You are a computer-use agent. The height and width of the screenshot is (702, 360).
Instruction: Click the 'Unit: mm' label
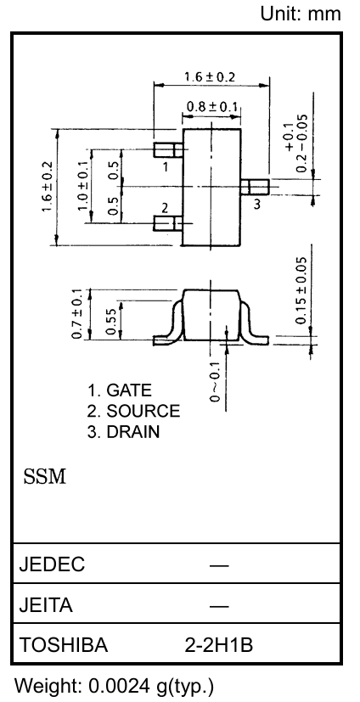[x=301, y=14]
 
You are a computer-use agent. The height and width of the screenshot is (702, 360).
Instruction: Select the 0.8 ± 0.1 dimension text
[x=211, y=107]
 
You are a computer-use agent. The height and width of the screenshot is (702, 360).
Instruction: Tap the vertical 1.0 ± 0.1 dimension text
[x=83, y=186]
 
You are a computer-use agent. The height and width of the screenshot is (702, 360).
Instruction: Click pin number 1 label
[x=166, y=167]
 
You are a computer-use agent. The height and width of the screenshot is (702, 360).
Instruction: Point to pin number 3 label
[x=257, y=205]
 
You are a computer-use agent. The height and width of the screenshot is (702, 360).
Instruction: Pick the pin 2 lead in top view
[x=168, y=223]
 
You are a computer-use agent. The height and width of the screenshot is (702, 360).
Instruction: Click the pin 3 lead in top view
[x=255, y=187]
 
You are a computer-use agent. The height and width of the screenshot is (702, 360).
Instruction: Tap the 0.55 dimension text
[x=111, y=321]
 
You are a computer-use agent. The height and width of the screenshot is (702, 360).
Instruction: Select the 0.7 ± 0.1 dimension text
[x=77, y=314]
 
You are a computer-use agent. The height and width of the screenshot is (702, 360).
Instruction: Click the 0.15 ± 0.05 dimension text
[x=301, y=290]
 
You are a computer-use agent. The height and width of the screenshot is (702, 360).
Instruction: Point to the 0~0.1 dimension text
[x=216, y=381]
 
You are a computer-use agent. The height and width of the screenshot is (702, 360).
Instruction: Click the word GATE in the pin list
[x=129, y=390]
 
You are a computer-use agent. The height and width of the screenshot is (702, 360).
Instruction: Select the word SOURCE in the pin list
[x=143, y=411]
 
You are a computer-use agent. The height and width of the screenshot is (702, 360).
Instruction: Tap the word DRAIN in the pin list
[x=133, y=432]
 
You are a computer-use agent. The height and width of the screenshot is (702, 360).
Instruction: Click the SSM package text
[x=45, y=477]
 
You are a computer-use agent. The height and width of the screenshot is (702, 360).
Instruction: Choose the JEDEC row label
[x=52, y=564]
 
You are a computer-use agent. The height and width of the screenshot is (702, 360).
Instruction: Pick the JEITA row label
[x=46, y=605]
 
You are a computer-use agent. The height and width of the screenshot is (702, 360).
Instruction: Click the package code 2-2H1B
[x=219, y=645]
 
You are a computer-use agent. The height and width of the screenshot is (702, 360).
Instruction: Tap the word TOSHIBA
[x=64, y=645]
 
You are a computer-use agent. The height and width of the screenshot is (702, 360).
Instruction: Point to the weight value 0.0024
[x=118, y=685]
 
